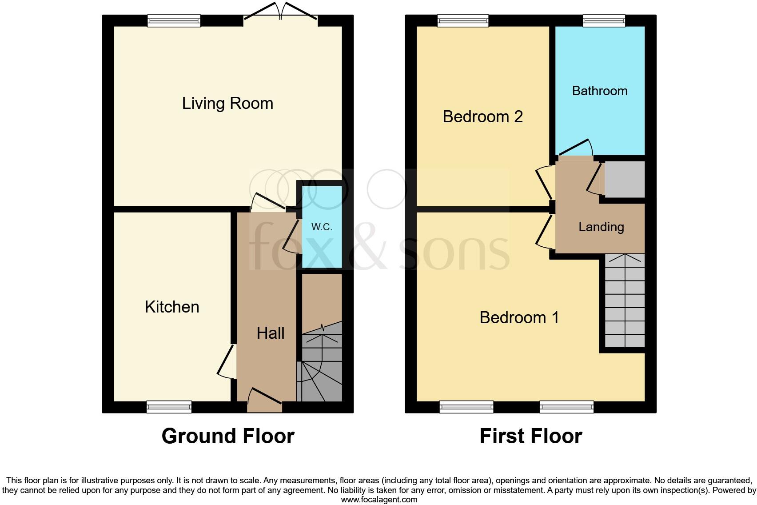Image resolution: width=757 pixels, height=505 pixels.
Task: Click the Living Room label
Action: coord(227,104)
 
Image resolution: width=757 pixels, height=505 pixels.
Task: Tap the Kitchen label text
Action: coord(172,307)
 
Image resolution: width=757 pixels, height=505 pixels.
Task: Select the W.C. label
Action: coord(322,227)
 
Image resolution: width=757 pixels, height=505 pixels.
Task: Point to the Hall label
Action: coord(271,333)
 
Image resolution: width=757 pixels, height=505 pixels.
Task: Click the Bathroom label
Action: coord(600,91)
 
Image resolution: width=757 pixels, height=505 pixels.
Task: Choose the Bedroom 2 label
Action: coord(482,117)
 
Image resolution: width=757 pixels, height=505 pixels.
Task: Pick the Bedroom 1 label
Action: coord(519,318)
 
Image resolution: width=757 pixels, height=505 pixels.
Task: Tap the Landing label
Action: coord(601,227)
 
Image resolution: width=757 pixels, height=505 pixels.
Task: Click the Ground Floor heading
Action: coord(228,436)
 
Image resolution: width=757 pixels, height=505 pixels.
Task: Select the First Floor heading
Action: coord(530,436)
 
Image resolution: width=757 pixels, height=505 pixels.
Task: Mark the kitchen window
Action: coord(169,407)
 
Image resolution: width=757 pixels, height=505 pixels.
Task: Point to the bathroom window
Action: coord(604,20)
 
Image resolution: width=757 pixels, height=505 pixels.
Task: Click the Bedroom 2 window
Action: coord(463,20)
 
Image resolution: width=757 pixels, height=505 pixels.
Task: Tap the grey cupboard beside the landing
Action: coord(625,179)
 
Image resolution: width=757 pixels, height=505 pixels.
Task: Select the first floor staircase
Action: coord(625,301)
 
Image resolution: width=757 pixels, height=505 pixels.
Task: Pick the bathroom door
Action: coord(576,148)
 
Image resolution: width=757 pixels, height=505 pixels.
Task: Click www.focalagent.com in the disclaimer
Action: coord(379,500)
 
